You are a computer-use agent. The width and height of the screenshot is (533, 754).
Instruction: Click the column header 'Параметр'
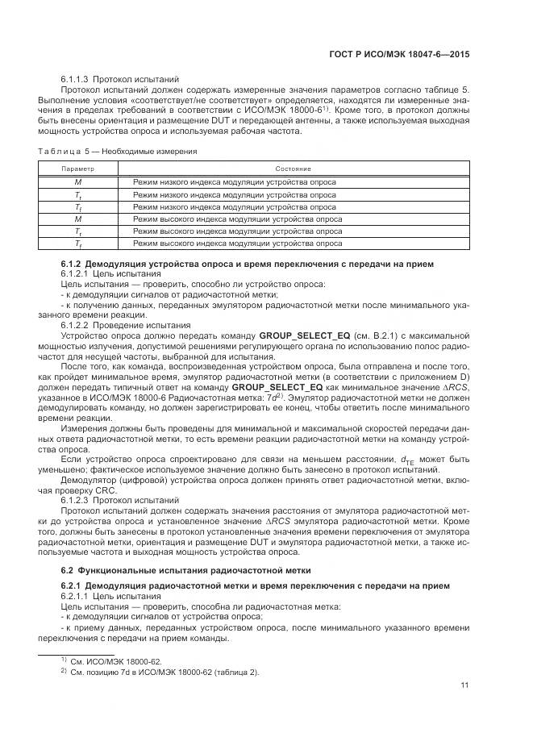(x=78, y=169)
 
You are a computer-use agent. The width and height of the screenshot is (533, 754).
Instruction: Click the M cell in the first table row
(x=78, y=181)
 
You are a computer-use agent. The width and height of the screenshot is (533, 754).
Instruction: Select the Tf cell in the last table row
(x=78, y=243)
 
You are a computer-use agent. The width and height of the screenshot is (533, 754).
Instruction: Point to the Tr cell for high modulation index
(x=78, y=231)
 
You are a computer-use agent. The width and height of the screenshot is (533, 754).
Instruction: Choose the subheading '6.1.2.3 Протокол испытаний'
(x=109, y=500)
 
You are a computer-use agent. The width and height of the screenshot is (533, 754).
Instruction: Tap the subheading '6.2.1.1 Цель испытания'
(x=105, y=595)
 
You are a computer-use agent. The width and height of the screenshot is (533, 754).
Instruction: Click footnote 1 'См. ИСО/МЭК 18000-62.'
(x=115, y=660)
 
